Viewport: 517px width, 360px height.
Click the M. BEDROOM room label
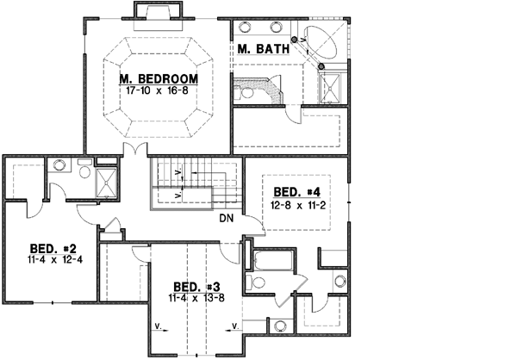click(x=159, y=78)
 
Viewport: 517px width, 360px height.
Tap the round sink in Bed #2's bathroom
click(x=60, y=166)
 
